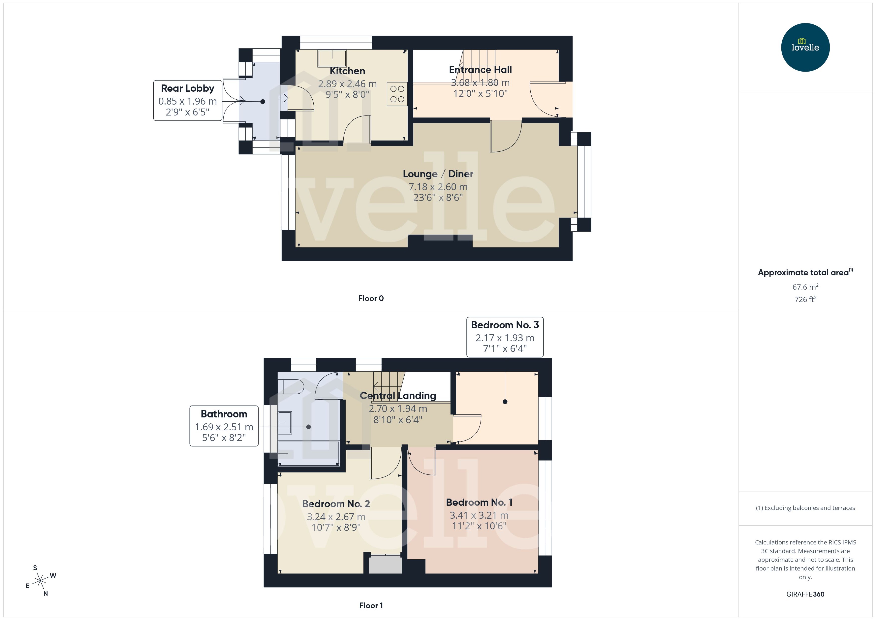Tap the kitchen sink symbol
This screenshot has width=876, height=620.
tap(332, 58)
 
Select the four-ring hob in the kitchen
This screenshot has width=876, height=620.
tap(397, 94)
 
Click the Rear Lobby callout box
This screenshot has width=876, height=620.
tap(187, 100)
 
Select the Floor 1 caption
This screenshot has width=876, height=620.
tap(371, 605)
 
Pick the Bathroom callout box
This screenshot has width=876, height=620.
tap(224, 426)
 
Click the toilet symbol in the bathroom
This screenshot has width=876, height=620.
tap(290, 387)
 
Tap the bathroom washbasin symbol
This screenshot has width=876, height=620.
tap(285, 423)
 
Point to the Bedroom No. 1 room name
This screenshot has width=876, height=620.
tap(479, 502)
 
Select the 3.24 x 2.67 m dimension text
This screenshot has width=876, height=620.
tap(336, 517)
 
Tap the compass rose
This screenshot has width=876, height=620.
tap(40, 581)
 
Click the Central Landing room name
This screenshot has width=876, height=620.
tap(398, 396)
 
